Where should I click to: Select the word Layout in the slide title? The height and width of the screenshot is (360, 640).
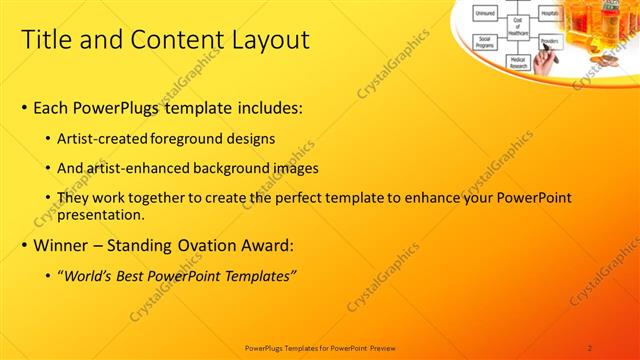pyautogui.click(x=270, y=41)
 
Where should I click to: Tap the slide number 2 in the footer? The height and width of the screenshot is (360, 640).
pyautogui.click(x=590, y=348)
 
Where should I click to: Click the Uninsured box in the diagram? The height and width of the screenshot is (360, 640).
pyautogui.click(x=485, y=13)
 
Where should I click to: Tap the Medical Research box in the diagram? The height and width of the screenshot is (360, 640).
pyautogui.click(x=518, y=62)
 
